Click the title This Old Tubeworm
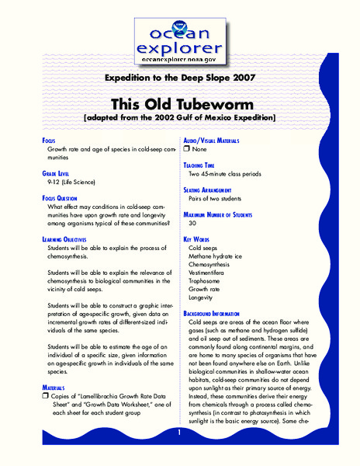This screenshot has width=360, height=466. coord(179,103)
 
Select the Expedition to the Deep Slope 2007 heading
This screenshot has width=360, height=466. coord(179,79)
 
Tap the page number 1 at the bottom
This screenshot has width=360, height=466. coord(179,432)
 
